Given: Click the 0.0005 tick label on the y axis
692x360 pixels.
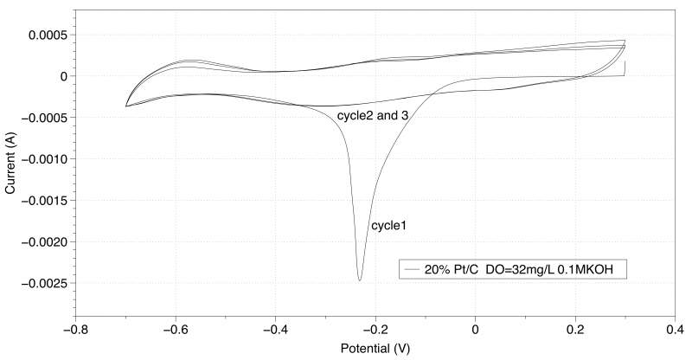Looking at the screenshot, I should pyautogui.click(x=48, y=35).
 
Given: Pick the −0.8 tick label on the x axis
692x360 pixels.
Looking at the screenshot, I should pyautogui.click(x=75, y=329).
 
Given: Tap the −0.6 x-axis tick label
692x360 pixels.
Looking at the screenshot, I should pyautogui.click(x=176, y=329).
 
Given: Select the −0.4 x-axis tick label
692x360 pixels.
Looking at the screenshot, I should pyautogui.click(x=276, y=329).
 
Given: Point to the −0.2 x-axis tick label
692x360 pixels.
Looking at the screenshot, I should pyautogui.click(x=375, y=329).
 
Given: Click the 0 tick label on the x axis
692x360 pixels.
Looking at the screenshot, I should pyautogui.click(x=476, y=329).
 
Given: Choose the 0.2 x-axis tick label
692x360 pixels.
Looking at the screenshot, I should pyautogui.click(x=576, y=329).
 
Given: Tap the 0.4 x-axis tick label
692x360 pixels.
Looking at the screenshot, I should pyautogui.click(x=676, y=329).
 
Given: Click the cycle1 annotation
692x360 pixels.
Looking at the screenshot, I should pyautogui.click(x=388, y=226).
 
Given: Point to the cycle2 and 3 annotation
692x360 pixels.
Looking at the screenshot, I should pyautogui.click(x=372, y=114).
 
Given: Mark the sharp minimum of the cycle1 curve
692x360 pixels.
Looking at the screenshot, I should pyautogui.click(x=360, y=280).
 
